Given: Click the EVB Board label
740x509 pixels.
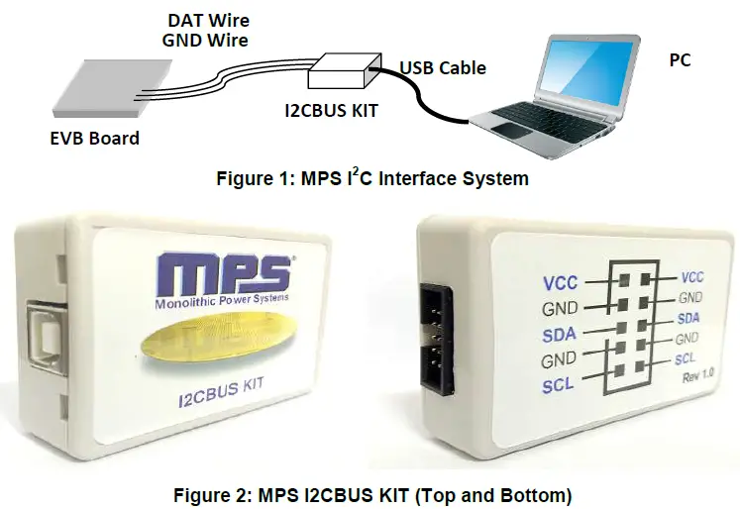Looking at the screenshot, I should coord(95,138).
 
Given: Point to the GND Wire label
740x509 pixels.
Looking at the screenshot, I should coord(204,40).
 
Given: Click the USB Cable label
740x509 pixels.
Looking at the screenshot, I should coord(443,68).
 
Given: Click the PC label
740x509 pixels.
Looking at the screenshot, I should coord(680,60).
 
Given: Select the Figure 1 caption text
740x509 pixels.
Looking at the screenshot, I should coord(372,179).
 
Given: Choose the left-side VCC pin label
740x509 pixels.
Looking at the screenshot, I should coord(560,283).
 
